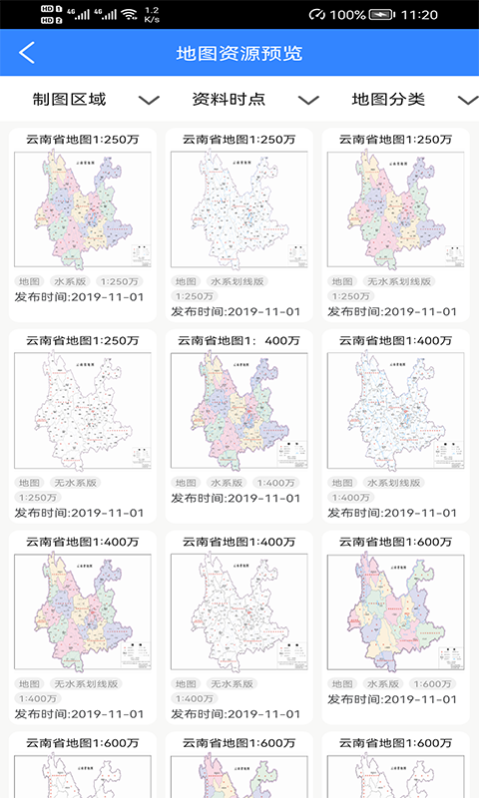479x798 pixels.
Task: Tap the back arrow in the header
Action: tap(27, 53)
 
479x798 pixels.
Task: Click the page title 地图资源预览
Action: tap(239, 53)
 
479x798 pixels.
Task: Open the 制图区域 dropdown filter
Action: tap(70, 99)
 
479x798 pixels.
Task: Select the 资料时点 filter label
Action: tap(229, 99)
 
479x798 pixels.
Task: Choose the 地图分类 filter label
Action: tap(388, 99)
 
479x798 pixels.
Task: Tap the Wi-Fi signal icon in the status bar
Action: tap(128, 15)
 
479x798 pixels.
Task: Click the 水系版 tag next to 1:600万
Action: tap(381, 684)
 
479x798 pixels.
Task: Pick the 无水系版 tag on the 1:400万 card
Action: tap(232, 684)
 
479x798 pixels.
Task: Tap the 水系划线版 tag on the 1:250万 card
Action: tap(238, 281)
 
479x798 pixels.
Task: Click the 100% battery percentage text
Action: tap(346, 15)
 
